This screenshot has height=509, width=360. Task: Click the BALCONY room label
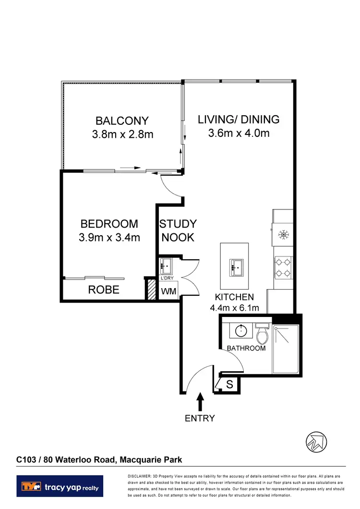[122, 121]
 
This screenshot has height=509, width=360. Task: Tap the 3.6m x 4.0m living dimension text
[239, 133]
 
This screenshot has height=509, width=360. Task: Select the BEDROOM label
[109, 224]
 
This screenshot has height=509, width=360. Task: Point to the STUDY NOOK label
[178, 230]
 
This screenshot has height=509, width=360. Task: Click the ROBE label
[104, 290]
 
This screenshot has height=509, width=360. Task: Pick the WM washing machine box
[168, 291]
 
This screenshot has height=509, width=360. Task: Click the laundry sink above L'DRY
[167, 265]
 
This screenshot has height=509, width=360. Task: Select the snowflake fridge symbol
[282, 235]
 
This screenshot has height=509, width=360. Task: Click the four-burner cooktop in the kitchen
[282, 267]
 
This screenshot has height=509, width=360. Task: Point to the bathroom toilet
[262, 331]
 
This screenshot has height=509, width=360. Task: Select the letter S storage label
[229, 384]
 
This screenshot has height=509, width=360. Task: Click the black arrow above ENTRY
[200, 401]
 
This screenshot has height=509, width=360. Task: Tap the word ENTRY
[200, 418]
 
